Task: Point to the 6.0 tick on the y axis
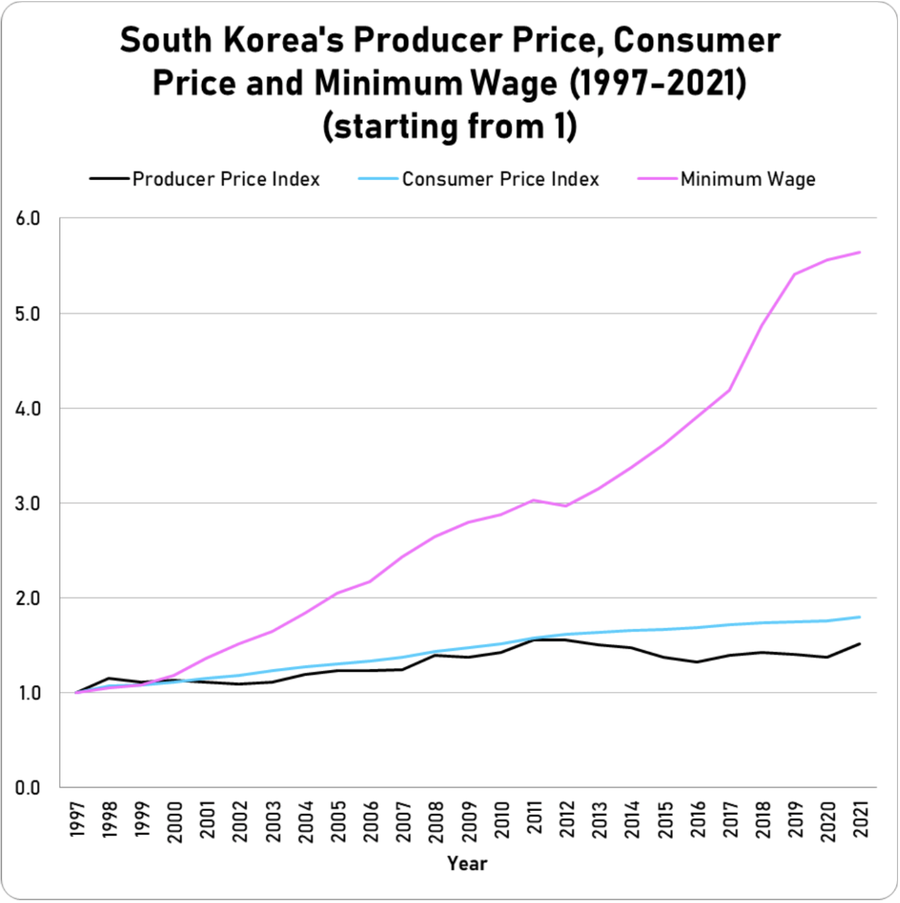click(x=27, y=219)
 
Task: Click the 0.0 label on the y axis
click(x=27, y=788)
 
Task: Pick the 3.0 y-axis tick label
click(x=27, y=503)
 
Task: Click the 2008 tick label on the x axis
click(x=436, y=820)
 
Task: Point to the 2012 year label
click(x=566, y=820)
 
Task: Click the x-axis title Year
click(x=467, y=864)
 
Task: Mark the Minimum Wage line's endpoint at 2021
click(x=859, y=252)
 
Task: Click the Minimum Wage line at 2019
click(x=795, y=274)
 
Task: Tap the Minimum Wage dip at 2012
click(x=566, y=506)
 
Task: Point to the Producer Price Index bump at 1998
click(x=109, y=678)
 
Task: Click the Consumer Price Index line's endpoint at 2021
click(x=859, y=617)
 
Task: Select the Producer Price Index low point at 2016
click(x=697, y=662)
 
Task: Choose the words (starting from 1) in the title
click(x=450, y=126)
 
